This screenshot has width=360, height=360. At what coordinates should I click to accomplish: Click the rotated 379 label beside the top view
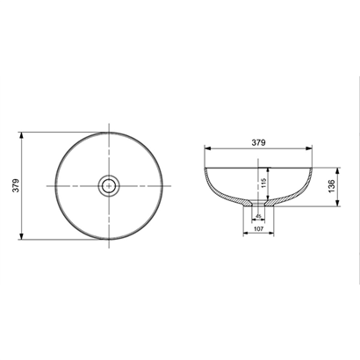16,185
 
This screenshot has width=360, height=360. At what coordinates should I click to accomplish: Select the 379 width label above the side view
258,142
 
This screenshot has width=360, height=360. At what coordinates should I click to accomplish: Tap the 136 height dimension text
331,186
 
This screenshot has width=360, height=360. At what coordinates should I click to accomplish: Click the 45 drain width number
258,216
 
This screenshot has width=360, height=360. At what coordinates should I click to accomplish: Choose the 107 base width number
259,228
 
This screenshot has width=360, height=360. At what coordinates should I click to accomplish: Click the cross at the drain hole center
109,185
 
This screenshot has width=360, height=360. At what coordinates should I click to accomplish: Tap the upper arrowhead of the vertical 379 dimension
21,135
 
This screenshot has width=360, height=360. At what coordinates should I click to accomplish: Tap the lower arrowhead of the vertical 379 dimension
21,236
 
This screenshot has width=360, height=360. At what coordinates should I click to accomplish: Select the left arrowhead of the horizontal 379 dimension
208,148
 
